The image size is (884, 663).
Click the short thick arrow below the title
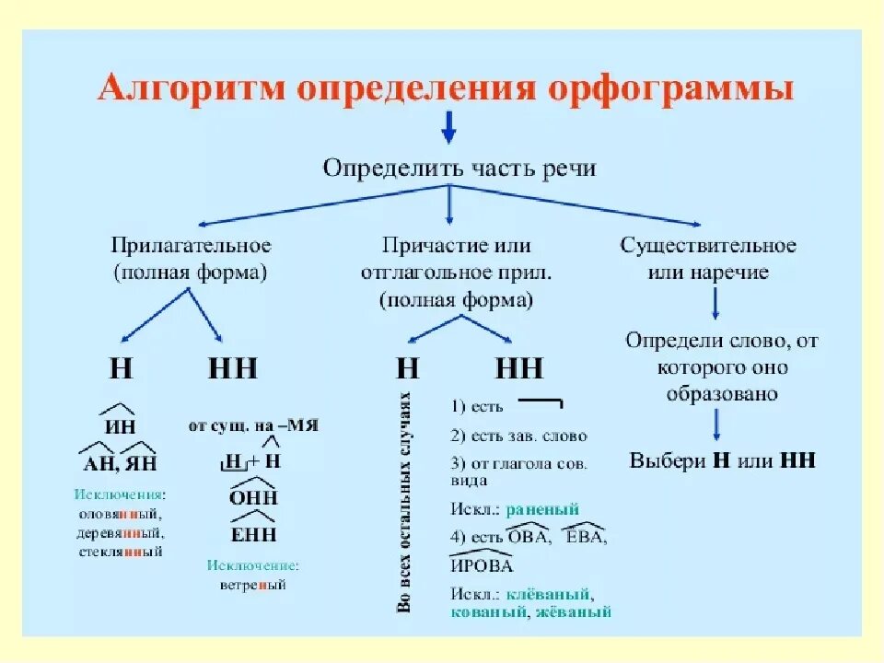pyautogui.click(x=448, y=126)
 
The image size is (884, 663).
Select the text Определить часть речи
pyautogui.click(x=459, y=168)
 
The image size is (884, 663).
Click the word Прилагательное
pyautogui.click(x=192, y=247)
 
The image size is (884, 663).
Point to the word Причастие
pyautogui.click(x=423, y=247)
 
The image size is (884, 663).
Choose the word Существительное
pyautogui.click(x=708, y=247)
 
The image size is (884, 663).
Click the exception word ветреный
pyautogui.click(x=252, y=585)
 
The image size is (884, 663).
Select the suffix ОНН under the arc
pyautogui.click(x=251, y=497)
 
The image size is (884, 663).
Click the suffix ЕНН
pyautogui.click(x=252, y=534)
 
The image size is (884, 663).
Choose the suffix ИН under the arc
pyautogui.click(x=120, y=427)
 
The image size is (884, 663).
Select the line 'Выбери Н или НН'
pyautogui.click(x=722, y=460)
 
